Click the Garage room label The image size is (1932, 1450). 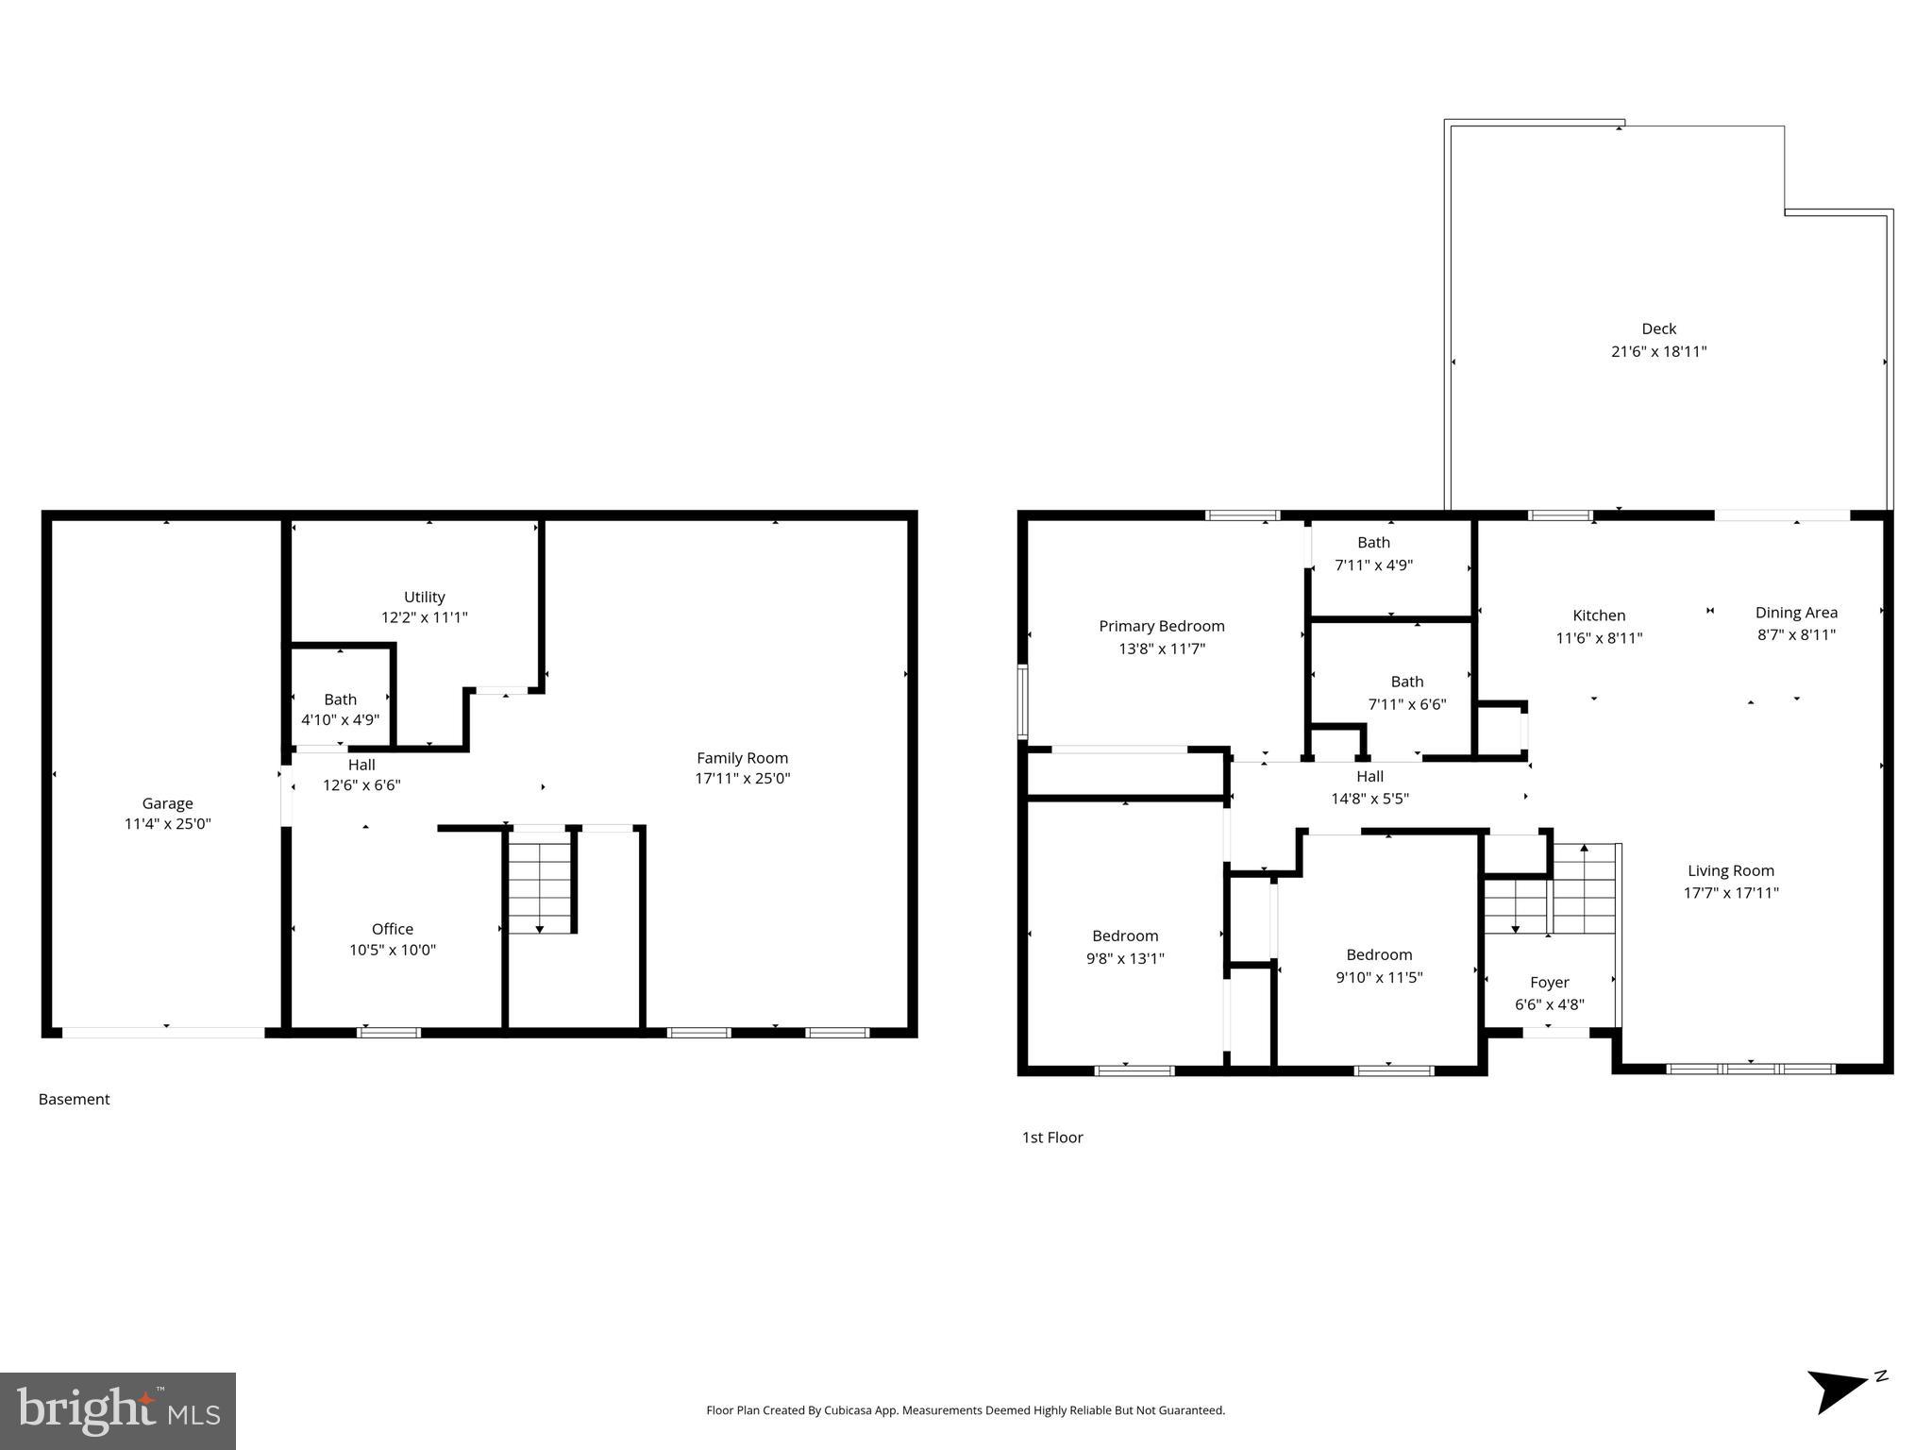coord(167,803)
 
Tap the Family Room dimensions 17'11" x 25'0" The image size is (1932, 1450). coord(742,779)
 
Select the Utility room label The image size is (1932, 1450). coord(424,597)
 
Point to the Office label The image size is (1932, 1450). coord(392,929)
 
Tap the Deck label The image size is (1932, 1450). coord(1658,329)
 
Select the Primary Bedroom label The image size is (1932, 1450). coord(1161,626)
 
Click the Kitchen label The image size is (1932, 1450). coord(1599,615)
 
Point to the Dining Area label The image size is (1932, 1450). coord(1795,613)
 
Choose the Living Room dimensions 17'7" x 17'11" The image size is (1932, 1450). coord(1730,893)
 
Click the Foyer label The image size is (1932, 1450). coord(1549,983)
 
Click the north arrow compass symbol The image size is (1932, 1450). coord(1840,1391)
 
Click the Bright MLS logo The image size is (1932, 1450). coord(118,1410)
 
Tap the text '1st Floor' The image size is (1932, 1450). coord(1051,1138)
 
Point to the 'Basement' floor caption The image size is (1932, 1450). coord(74,1099)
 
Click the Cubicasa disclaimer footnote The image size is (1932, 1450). coord(965,1410)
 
